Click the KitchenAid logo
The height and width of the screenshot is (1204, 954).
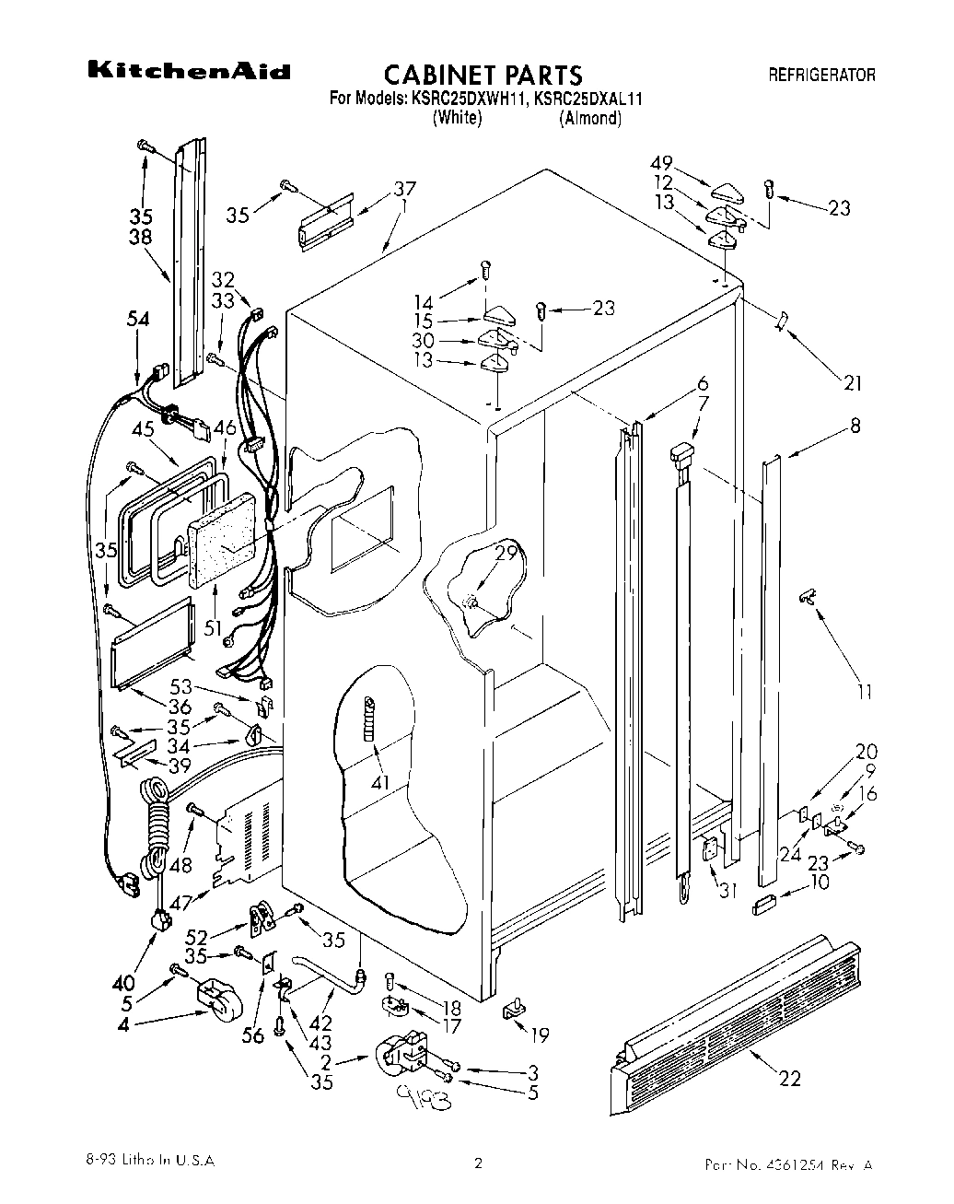click(x=189, y=72)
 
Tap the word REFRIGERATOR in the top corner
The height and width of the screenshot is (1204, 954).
click(x=821, y=75)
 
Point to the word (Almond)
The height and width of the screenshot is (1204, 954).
click(x=589, y=118)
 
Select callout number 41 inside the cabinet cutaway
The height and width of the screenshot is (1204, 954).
click(x=380, y=783)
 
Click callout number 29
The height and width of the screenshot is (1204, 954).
click(x=505, y=554)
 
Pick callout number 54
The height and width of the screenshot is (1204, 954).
click(x=137, y=319)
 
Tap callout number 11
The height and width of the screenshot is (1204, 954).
click(x=864, y=692)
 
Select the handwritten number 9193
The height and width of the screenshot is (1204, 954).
click(x=418, y=1097)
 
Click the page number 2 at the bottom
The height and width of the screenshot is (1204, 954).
click(x=478, y=1163)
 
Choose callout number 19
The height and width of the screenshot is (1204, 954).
click(x=539, y=1035)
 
